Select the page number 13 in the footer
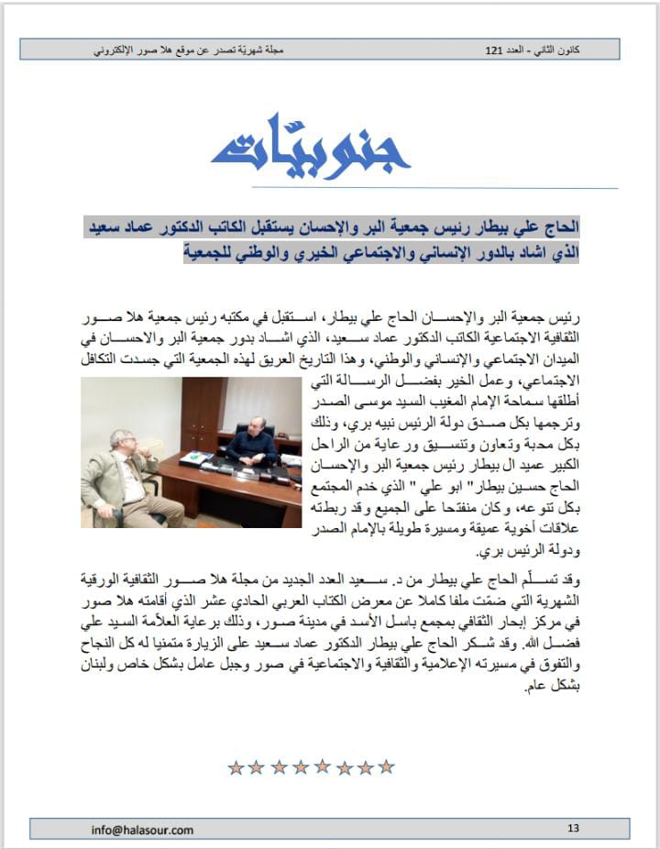pos(574,829)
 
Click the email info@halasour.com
pos(142,830)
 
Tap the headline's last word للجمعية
pos(210,250)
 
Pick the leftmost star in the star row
pos(236,767)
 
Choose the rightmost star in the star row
pos(386,767)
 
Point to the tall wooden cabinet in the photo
pos(199,413)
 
